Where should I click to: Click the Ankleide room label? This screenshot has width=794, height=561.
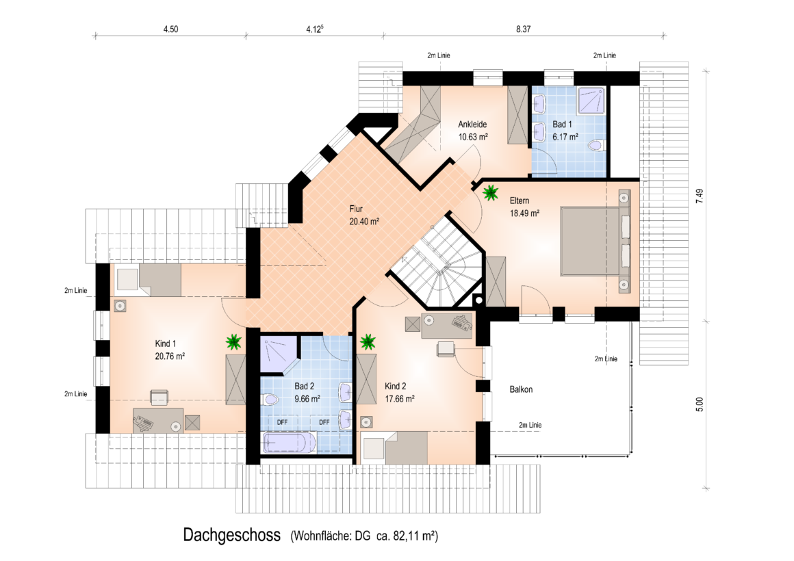click(x=472, y=125)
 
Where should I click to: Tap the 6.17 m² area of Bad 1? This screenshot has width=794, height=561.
click(x=565, y=138)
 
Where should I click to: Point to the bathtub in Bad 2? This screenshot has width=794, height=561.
click(x=289, y=443)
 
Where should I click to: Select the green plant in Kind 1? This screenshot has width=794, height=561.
click(x=233, y=342)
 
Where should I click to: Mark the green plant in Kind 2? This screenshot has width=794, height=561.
click(x=368, y=342)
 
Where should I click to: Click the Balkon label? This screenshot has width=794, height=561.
click(x=521, y=389)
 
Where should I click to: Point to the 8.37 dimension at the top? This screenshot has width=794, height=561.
click(x=524, y=29)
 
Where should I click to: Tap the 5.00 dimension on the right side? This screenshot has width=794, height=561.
click(x=700, y=404)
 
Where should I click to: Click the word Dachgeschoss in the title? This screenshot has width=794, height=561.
click(x=232, y=535)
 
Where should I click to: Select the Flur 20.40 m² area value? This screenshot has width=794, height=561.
click(x=364, y=222)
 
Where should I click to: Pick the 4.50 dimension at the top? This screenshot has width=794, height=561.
click(x=170, y=29)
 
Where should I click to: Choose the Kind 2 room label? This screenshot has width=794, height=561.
click(x=395, y=387)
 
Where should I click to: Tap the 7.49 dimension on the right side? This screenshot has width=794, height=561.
click(x=700, y=196)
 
